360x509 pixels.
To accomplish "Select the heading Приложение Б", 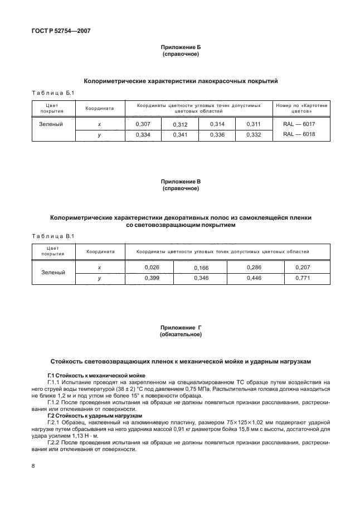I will [180, 49].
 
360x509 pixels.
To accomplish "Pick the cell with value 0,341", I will [180, 135].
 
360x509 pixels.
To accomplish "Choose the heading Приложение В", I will [180, 182].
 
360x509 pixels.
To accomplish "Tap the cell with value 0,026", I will [152, 268].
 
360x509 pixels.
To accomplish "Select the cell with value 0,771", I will [305, 278].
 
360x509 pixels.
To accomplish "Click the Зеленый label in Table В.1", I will [53, 273].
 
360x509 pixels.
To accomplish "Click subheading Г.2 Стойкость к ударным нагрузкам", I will [86, 416].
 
